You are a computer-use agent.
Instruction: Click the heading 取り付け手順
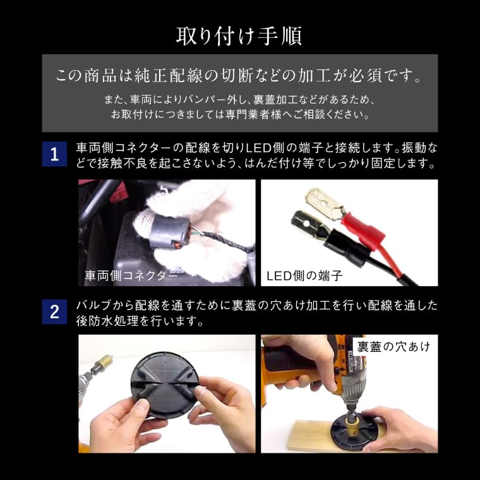click(x=239, y=36)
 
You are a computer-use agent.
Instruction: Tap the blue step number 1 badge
click(x=54, y=154)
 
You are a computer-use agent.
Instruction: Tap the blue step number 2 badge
click(x=54, y=312)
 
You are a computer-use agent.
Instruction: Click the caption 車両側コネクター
click(x=131, y=276)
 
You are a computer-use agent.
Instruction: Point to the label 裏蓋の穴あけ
click(x=393, y=346)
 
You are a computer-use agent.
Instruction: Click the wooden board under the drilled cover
click(x=316, y=435)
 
